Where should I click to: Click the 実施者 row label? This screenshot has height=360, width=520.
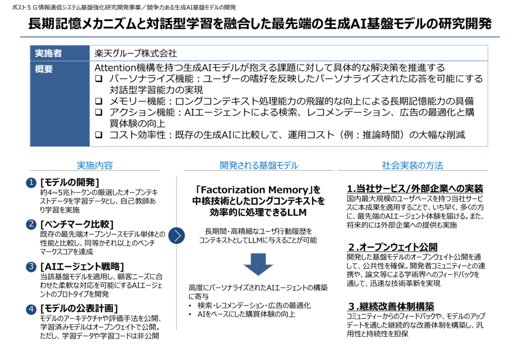(48, 53)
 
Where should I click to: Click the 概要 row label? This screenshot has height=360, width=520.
(44, 69)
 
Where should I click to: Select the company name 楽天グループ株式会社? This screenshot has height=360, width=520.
(136, 53)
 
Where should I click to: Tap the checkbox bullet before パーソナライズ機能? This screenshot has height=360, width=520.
(99, 79)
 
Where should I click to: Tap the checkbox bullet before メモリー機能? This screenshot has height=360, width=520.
(99, 101)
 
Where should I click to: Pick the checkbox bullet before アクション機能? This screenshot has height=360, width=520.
(99, 112)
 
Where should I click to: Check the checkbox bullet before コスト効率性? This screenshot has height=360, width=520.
(99, 135)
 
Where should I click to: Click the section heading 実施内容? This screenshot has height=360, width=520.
(95, 165)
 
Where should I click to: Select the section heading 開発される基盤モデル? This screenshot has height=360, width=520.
(259, 165)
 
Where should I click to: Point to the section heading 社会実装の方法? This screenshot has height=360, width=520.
(412, 165)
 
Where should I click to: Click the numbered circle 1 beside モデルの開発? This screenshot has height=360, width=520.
(31, 182)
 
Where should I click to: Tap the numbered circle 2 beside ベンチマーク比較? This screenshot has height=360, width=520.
(31, 224)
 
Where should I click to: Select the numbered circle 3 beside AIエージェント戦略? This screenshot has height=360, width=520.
(31, 267)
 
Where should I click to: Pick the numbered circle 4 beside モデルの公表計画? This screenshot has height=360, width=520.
(31, 309)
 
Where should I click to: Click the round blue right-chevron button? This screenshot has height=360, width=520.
(176, 236)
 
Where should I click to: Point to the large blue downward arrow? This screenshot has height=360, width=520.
(258, 264)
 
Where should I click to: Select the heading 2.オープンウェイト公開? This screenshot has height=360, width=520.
(393, 247)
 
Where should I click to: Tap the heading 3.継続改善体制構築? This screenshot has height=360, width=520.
(391, 306)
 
